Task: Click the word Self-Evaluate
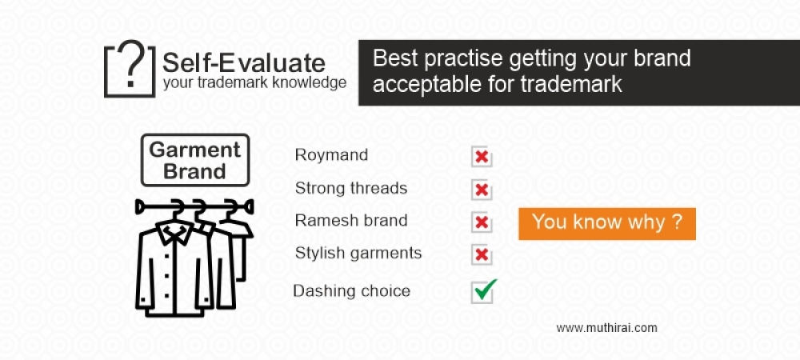(x=243, y=62)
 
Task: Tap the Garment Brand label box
(x=194, y=160)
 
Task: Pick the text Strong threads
(x=351, y=189)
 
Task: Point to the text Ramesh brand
(x=351, y=220)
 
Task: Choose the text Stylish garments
(x=358, y=254)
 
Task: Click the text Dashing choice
(x=351, y=290)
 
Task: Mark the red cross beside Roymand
(x=482, y=158)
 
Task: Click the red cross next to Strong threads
(x=482, y=190)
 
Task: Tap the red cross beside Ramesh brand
(x=482, y=222)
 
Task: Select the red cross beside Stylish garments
(x=482, y=255)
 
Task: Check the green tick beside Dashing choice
(x=483, y=290)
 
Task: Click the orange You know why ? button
(x=606, y=222)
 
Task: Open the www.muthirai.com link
(x=606, y=327)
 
